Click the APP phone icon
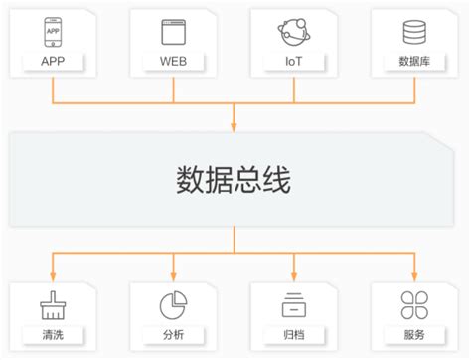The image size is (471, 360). [x=53, y=32]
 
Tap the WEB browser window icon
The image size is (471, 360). [x=174, y=32]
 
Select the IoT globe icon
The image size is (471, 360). [x=294, y=32]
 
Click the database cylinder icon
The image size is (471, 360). [x=413, y=32]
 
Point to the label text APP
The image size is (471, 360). [x=53, y=61]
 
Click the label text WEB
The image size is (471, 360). [x=174, y=61]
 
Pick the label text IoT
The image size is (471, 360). [x=294, y=61]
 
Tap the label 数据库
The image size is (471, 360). [x=413, y=61]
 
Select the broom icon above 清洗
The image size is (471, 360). [x=53, y=302]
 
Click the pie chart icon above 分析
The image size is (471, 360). [x=174, y=302]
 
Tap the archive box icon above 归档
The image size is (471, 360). [x=294, y=302]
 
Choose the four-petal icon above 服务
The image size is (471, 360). [x=413, y=302]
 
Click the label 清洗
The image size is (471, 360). [x=53, y=334]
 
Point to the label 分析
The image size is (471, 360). [x=174, y=334]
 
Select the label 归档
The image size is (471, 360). [x=294, y=334]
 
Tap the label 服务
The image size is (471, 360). [x=413, y=334]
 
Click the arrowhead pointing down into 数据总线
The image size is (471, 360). [x=235, y=125]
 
